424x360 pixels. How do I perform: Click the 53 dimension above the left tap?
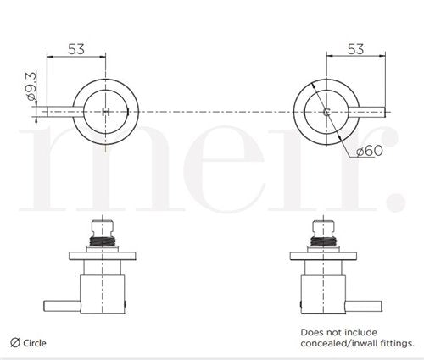pos(76,49)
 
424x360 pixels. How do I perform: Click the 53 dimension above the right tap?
pos(355,49)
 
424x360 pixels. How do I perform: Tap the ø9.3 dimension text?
pos(31,86)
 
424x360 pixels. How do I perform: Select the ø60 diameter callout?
pos(370,151)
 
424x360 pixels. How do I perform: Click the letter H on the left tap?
pos(105,112)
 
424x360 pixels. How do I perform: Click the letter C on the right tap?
pos(326,112)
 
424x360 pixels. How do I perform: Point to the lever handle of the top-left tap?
pos(65,112)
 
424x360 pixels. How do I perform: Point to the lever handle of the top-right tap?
pos(367,112)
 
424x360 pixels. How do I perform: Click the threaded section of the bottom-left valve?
pos(102,241)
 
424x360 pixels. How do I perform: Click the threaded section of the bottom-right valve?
pos(323,241)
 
